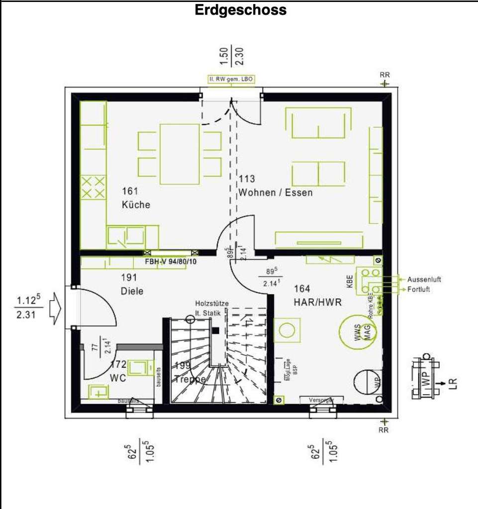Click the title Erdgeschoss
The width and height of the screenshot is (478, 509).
241,10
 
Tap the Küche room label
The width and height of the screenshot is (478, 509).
136,205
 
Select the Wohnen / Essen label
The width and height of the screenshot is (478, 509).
276,192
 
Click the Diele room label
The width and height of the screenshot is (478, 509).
132,291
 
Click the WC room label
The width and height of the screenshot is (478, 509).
118,378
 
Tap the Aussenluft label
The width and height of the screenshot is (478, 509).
424,279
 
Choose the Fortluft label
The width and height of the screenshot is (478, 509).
418,289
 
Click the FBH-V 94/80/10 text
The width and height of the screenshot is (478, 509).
171,261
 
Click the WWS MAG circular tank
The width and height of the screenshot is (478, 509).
358,332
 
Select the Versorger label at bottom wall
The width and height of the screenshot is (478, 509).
320,400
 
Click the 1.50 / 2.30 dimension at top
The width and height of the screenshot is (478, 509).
231,56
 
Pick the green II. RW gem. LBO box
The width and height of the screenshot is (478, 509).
231,80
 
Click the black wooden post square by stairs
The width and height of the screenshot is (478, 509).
215,330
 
